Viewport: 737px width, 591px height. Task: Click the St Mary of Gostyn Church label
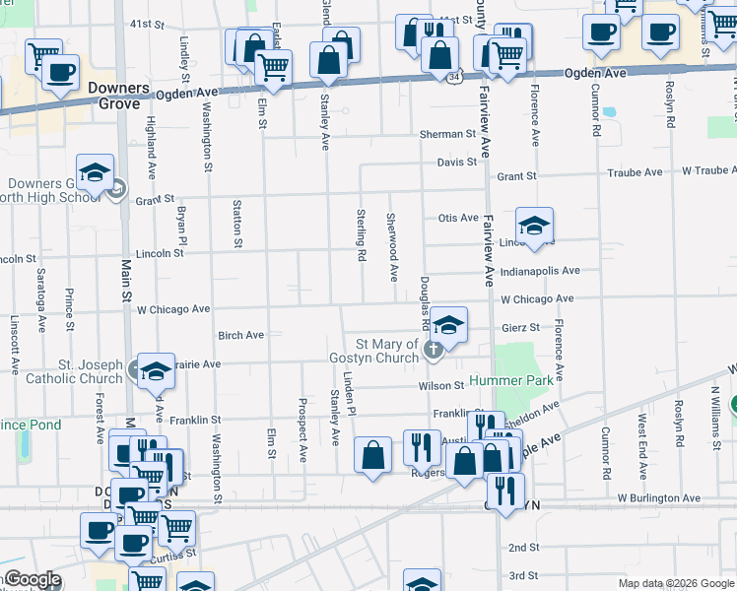(387, 351)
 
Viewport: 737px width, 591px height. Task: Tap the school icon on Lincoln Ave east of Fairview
(533, 227)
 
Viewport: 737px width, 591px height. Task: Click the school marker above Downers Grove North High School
(95, 173)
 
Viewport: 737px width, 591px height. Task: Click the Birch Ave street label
(241, 336)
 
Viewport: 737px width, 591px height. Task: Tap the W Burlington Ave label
(658, 499)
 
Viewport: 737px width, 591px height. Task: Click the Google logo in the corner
(32, 580)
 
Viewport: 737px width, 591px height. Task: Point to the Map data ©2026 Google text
(674, 583)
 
